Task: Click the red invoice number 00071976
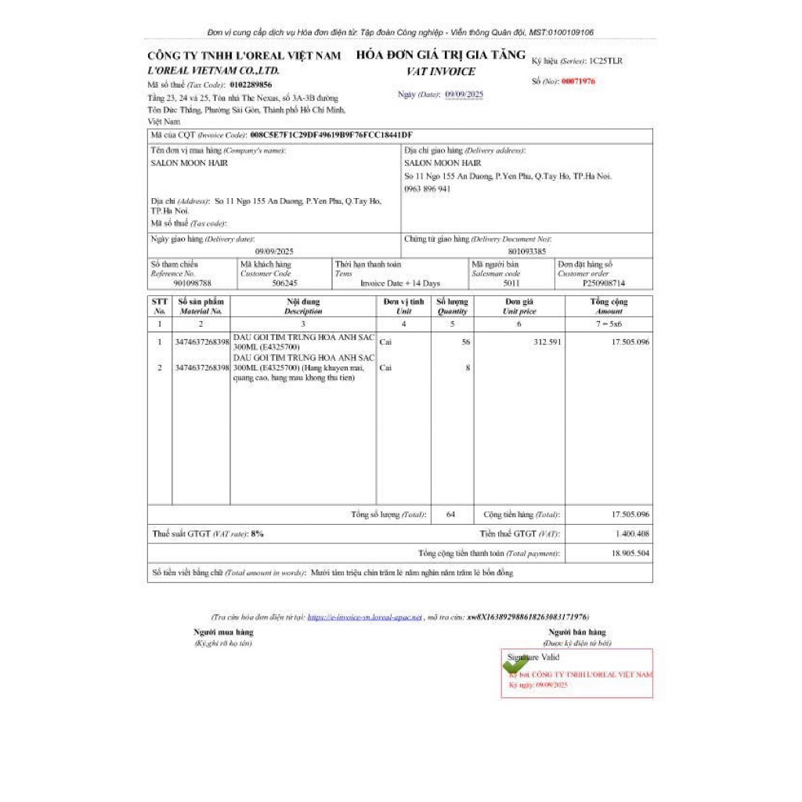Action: tap(578, 81)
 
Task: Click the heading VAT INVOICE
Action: tap(441, 71)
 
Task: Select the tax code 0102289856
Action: tap(251, 85)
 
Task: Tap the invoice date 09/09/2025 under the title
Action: tap(464, 94)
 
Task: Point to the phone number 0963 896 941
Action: tap(427, 189)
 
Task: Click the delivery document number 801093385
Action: tap(527, 251)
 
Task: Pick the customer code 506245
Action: tap(284, 284)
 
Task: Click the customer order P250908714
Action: tap(605, 284)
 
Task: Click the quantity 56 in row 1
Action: tap(465, 341)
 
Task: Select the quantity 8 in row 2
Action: tap(468, 367)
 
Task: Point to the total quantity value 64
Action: tap(450, 515)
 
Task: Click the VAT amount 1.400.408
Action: tap(632, 533)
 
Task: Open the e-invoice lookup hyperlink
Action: tap(365, 617)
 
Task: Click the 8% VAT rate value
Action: tap(257, 533)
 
